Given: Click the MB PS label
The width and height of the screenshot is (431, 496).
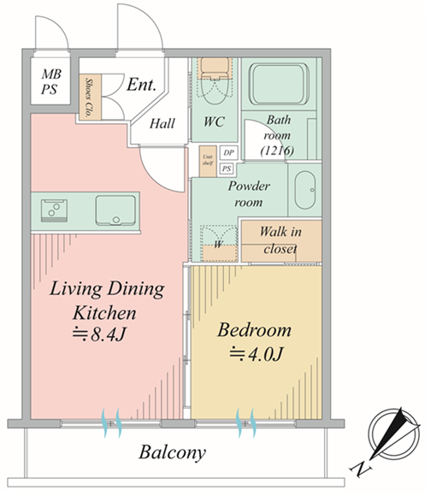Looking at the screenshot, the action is tap(50, 82).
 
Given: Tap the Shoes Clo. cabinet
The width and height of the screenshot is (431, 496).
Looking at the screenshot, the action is tap(90, 97).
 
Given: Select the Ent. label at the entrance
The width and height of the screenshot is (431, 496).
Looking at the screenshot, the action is tap(141, 85).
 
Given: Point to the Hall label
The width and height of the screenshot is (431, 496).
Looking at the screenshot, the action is tap(162, 123).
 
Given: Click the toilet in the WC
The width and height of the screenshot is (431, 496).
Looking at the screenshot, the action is tap(215, 80).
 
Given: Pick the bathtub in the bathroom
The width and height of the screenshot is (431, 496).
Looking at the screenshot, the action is tap(279, 84).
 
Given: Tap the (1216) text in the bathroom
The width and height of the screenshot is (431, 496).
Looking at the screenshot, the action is tap(277, 151).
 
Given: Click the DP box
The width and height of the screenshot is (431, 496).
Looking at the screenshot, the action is tap(228, 153).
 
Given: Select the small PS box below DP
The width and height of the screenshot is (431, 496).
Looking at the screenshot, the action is tap(227, 168).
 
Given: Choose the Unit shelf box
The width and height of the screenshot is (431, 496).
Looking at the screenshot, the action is tap(208, 161).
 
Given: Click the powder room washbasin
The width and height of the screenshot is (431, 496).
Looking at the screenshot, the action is tap(304, 190).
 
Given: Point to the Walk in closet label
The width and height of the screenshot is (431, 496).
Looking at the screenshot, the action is tap(280, 240).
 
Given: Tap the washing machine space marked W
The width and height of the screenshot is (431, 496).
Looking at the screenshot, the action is tap(219, 243).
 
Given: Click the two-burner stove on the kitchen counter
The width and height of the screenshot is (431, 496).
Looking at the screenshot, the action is tap(54, 210).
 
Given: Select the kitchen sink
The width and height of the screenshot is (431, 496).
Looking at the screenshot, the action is tap(115, 210).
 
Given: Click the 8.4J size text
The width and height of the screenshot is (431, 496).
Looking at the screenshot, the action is tap(99, 334).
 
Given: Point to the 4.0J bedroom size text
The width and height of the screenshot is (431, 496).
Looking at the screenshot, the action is tap(257, 354).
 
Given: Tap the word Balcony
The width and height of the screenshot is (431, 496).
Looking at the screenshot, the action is tap(173, 453).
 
